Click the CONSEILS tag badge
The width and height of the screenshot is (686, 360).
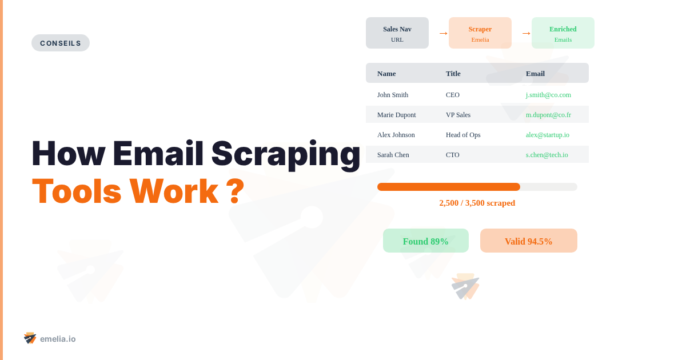click(61, 43)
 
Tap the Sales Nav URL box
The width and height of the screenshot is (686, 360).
click(397, 33)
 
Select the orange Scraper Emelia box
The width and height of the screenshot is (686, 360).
click(480, 33)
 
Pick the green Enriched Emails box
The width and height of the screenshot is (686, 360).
click(563, 33)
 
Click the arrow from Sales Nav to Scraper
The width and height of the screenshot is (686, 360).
click(443, 33)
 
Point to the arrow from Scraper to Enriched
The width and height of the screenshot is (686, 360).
click(526, 33)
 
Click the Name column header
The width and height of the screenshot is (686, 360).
click(386, 73)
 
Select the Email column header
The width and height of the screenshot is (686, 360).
click(535, 73)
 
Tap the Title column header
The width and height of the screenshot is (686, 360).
click(453, 73)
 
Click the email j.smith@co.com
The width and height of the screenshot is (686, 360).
click(548, 95)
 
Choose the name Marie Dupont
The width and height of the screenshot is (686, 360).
click(397, 115)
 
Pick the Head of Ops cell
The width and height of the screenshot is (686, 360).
click(463, 135)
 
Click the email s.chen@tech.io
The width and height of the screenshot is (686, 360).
click(547, 155)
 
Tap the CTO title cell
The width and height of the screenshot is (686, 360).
click(453, 155)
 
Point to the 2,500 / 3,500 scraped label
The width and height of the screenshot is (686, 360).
click(477, 203)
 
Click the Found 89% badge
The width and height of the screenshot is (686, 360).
click(426, 241)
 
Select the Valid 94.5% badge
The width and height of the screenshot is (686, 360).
click(529, 241)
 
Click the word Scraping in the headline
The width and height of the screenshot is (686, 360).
click(286, 154)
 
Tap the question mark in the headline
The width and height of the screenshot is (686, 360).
click(235, 191)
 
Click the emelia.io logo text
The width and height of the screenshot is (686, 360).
click(58, 339)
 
